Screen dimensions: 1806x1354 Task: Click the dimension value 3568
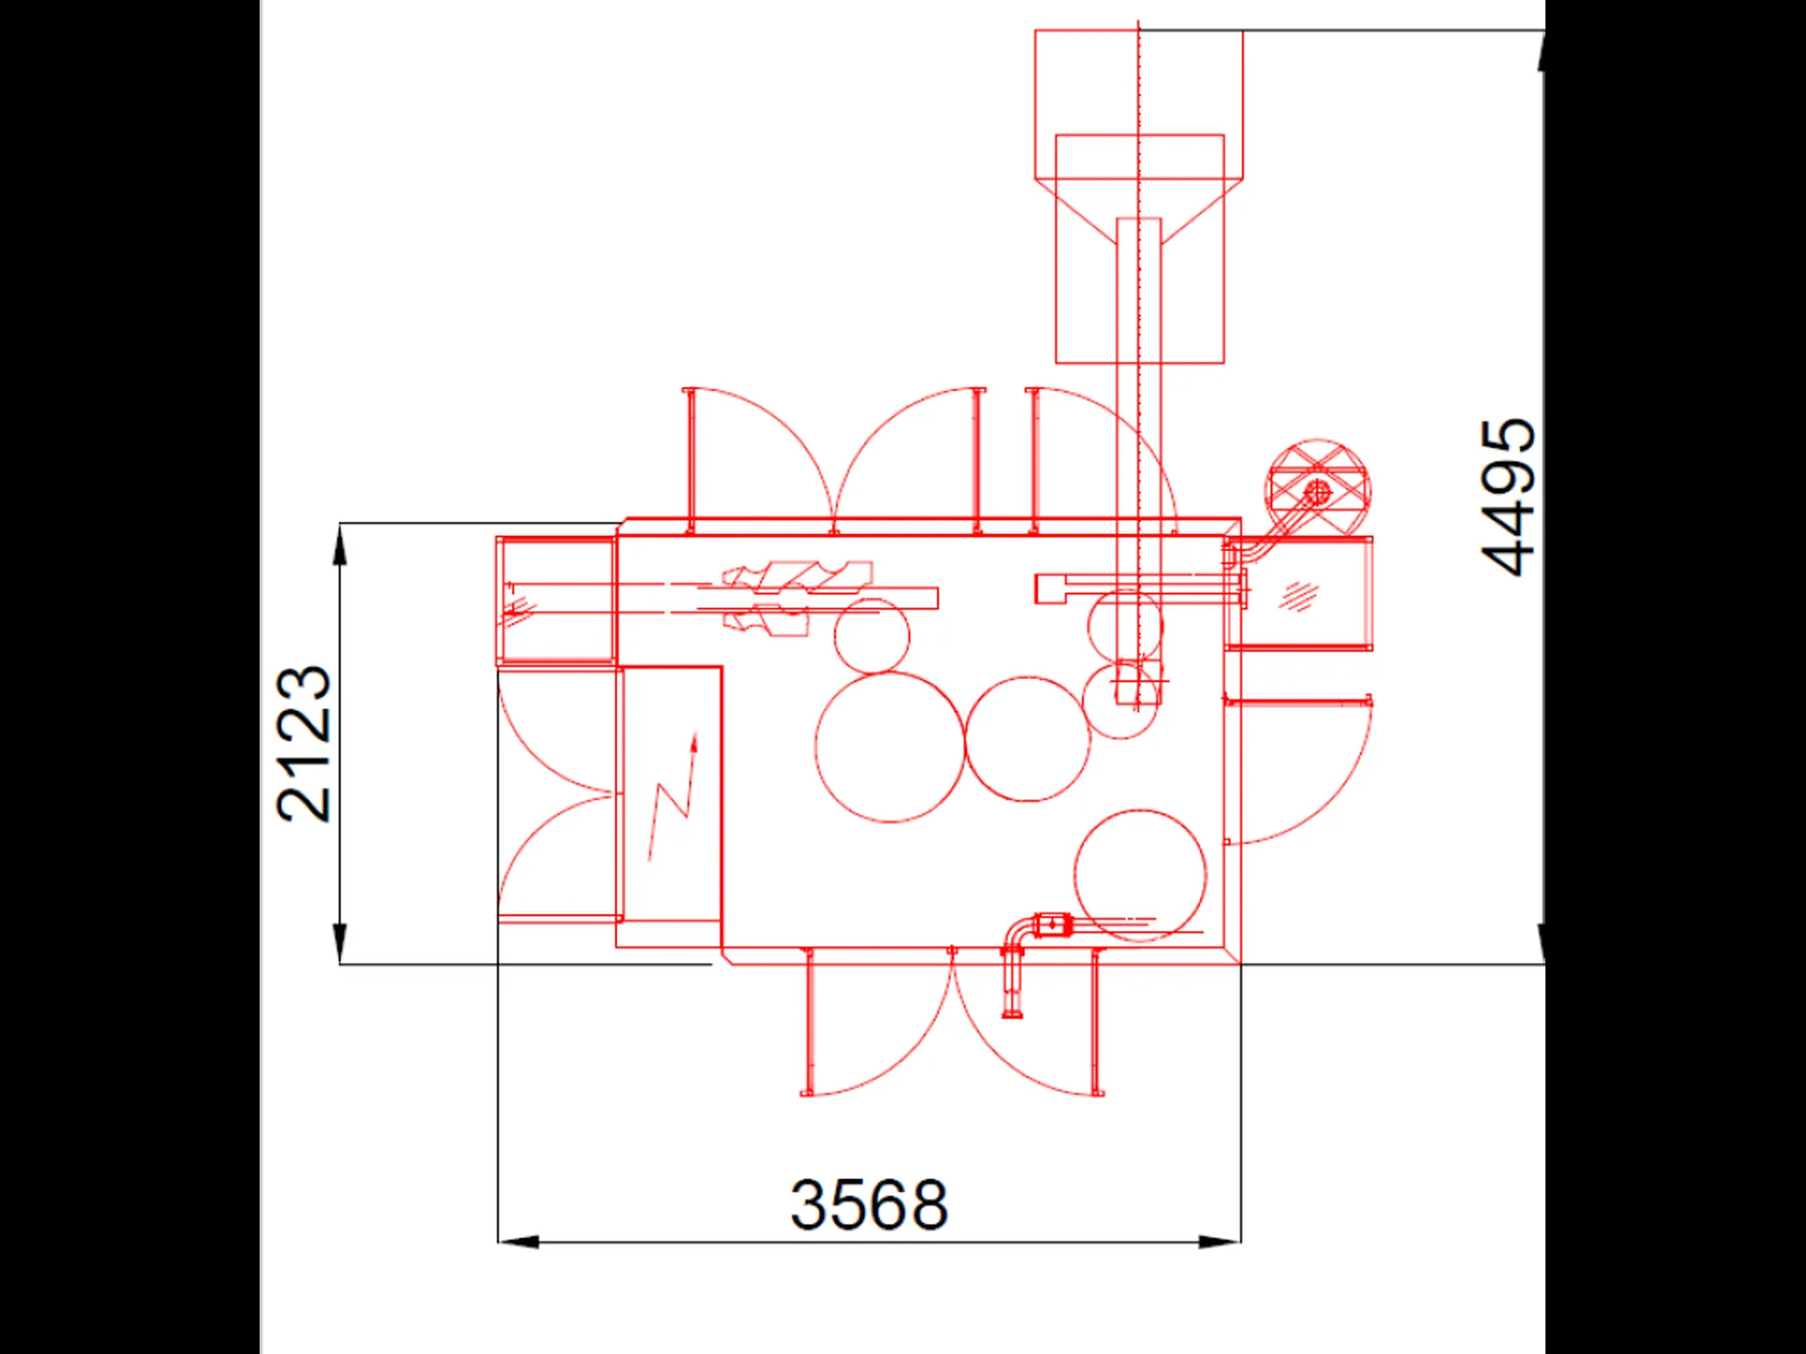pos(868,1204)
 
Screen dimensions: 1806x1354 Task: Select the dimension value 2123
pos(304,744)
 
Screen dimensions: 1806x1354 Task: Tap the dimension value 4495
pos(1507,496)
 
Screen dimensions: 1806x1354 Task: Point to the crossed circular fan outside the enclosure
pos(1317,490)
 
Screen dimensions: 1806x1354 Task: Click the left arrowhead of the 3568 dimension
pos(518,1242)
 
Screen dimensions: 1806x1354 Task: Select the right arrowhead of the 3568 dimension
pos(1220,1242)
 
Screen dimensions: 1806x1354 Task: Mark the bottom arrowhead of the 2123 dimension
pos(340,944)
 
